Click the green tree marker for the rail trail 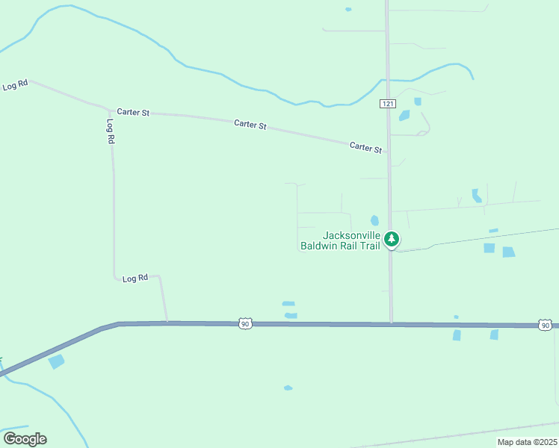pyautogui.click(x=391, y=239)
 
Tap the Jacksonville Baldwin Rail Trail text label pyautogui.click(x=340, y=240)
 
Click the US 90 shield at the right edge pyautogui.click(x=546, y=325)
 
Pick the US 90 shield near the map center pyautogui.click(x=245, y=323)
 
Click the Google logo pyautogui.click(x=25, y=438)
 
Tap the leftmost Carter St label pyautogui.click(x=134, y=112)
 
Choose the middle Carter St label pyautogui.click(x=250, y=125)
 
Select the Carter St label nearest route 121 pyautogui.click(x=365, y=147)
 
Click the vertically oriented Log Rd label pyautogui.click(x=111, y=131)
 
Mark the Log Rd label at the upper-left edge pyautogui.click(x=14, y=86)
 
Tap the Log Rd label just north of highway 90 pyautogui.click(x=135, y=278)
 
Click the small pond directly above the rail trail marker pyautogui.click(x=374, y=220)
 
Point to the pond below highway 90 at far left pyautogui.click(x=56, y=361)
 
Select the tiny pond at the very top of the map pyautogui.click(x=348, y=9)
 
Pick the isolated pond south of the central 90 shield pyautogui.click(x=288, y=388)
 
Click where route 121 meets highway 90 pyautogui.click(x=391, y=324)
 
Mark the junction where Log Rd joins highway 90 pyautogui.click(x=167, y=323)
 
